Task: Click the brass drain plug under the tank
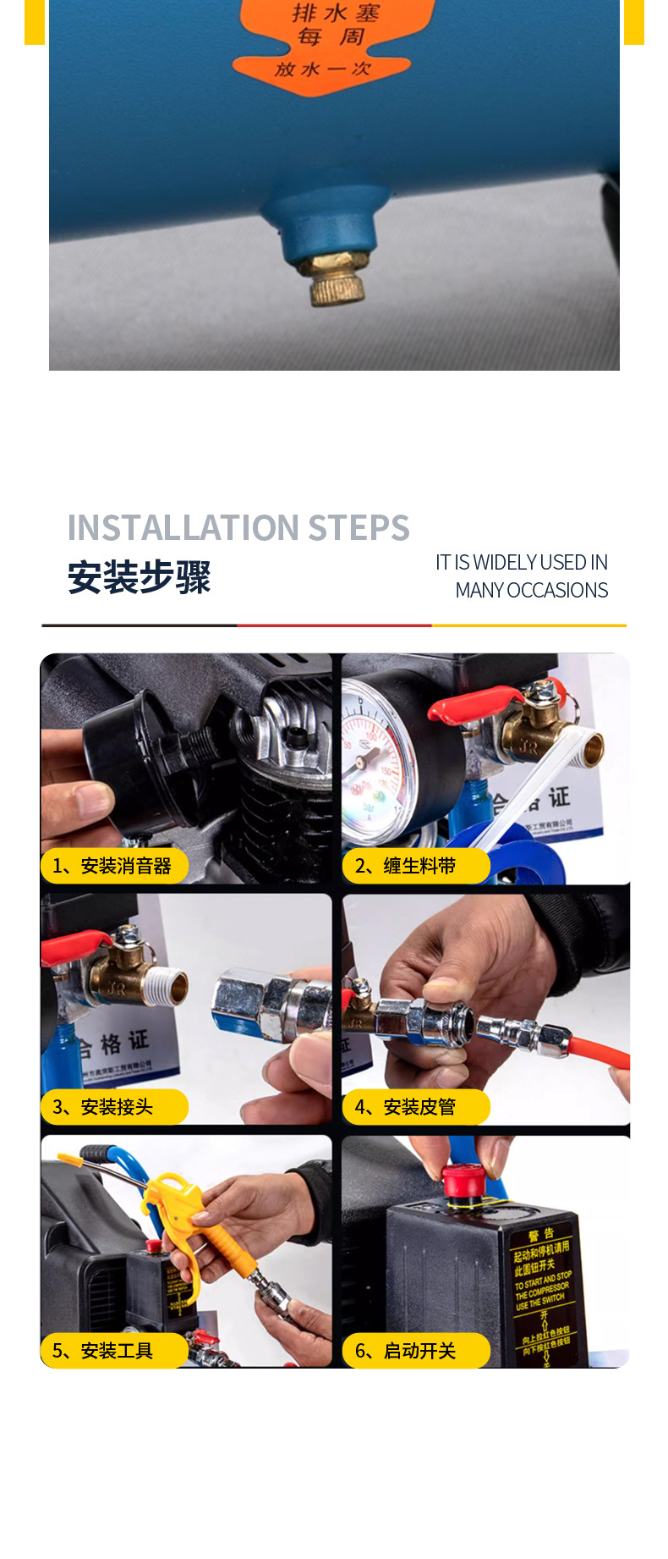coord(337,278)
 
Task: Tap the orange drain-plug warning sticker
coord(335,42)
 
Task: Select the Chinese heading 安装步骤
coord(140,578)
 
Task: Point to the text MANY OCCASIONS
coord(531,591)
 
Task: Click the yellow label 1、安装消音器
coord(113,866)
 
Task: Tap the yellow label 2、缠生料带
coord(415,866)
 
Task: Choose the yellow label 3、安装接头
coord(113,1107)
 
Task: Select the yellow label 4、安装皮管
coord(415,1107)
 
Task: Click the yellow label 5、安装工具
coord(113,1351)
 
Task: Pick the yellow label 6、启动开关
coord(415,1351)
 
